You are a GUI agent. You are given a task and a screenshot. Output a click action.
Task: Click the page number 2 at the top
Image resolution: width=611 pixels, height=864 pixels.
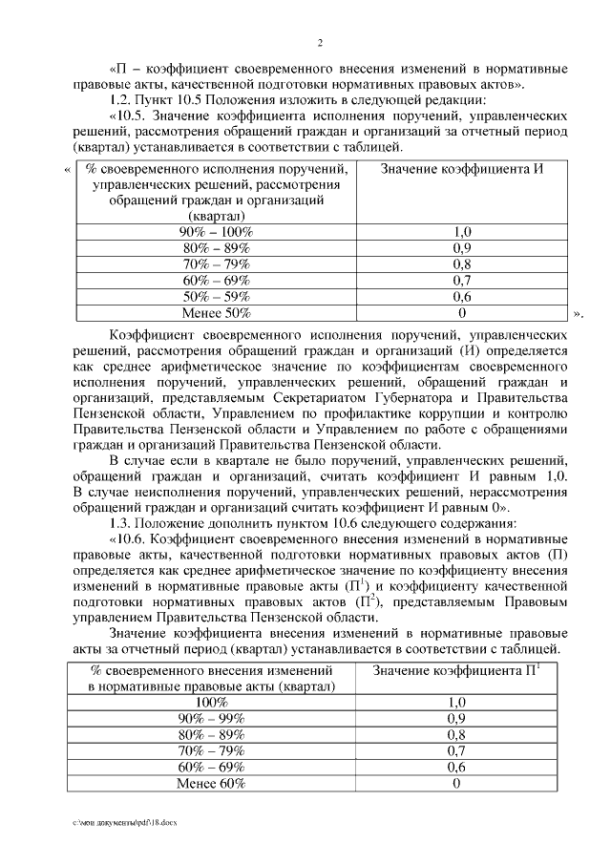tap(321, 43)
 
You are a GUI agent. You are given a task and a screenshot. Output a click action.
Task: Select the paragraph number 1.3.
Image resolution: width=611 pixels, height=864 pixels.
tap(122, 523)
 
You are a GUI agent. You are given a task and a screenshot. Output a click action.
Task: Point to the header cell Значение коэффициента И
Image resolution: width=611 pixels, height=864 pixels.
tap(462, 168)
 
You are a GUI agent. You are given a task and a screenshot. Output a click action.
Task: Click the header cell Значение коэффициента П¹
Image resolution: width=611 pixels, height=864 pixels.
tap(462, 671)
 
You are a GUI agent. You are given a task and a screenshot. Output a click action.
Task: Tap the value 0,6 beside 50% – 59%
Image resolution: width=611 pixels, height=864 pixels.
tap(462, 297)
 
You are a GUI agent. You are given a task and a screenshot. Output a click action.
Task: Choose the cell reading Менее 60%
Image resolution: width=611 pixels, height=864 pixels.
tap(212, 784)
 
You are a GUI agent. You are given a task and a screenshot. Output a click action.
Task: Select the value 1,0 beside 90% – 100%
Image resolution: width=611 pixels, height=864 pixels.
tap(462, 232)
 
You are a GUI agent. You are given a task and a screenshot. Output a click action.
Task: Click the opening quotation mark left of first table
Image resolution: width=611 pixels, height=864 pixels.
tap(66, 171)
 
